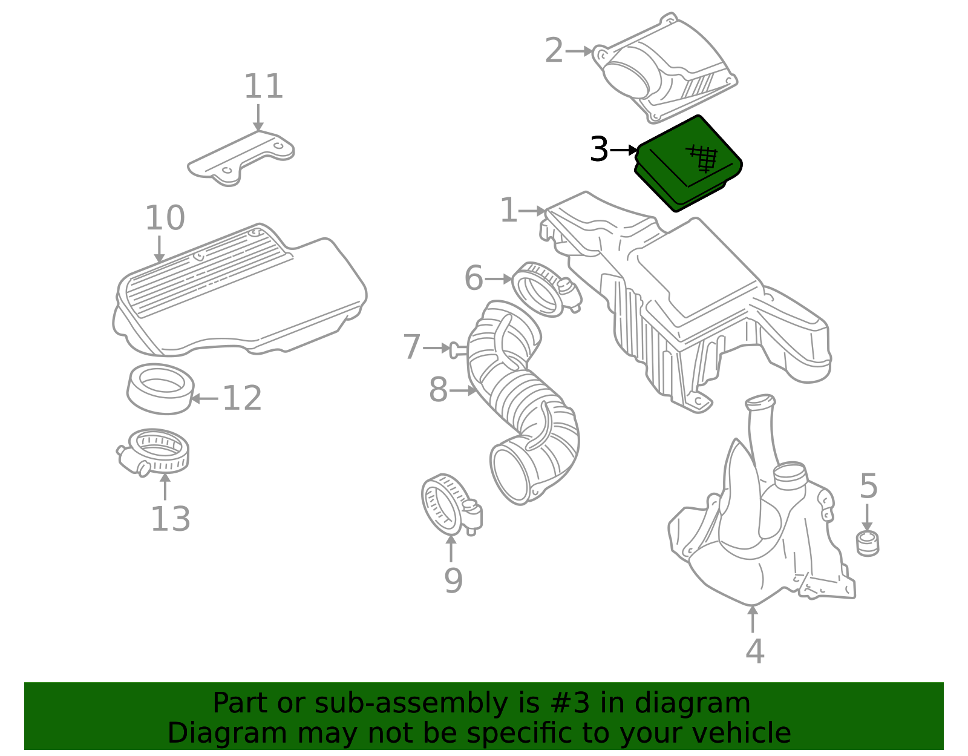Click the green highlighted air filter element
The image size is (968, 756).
pos(688,164)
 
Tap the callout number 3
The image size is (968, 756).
pos(599,150)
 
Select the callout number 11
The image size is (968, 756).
pos(263,86)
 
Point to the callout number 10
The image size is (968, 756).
pos(165,218)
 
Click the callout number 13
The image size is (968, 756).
pos(171,519)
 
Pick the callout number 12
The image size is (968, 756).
pos(242,398)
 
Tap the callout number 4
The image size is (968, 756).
pos(754,651)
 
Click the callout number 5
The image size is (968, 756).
pos(868,485)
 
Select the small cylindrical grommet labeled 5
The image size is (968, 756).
pos(868,544)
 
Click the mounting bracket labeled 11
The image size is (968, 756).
pos(241,159)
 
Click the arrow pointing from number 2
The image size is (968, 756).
pos(578,51)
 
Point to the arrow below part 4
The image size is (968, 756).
pos(753,619)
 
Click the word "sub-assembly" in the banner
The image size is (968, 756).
pos(411,703)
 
